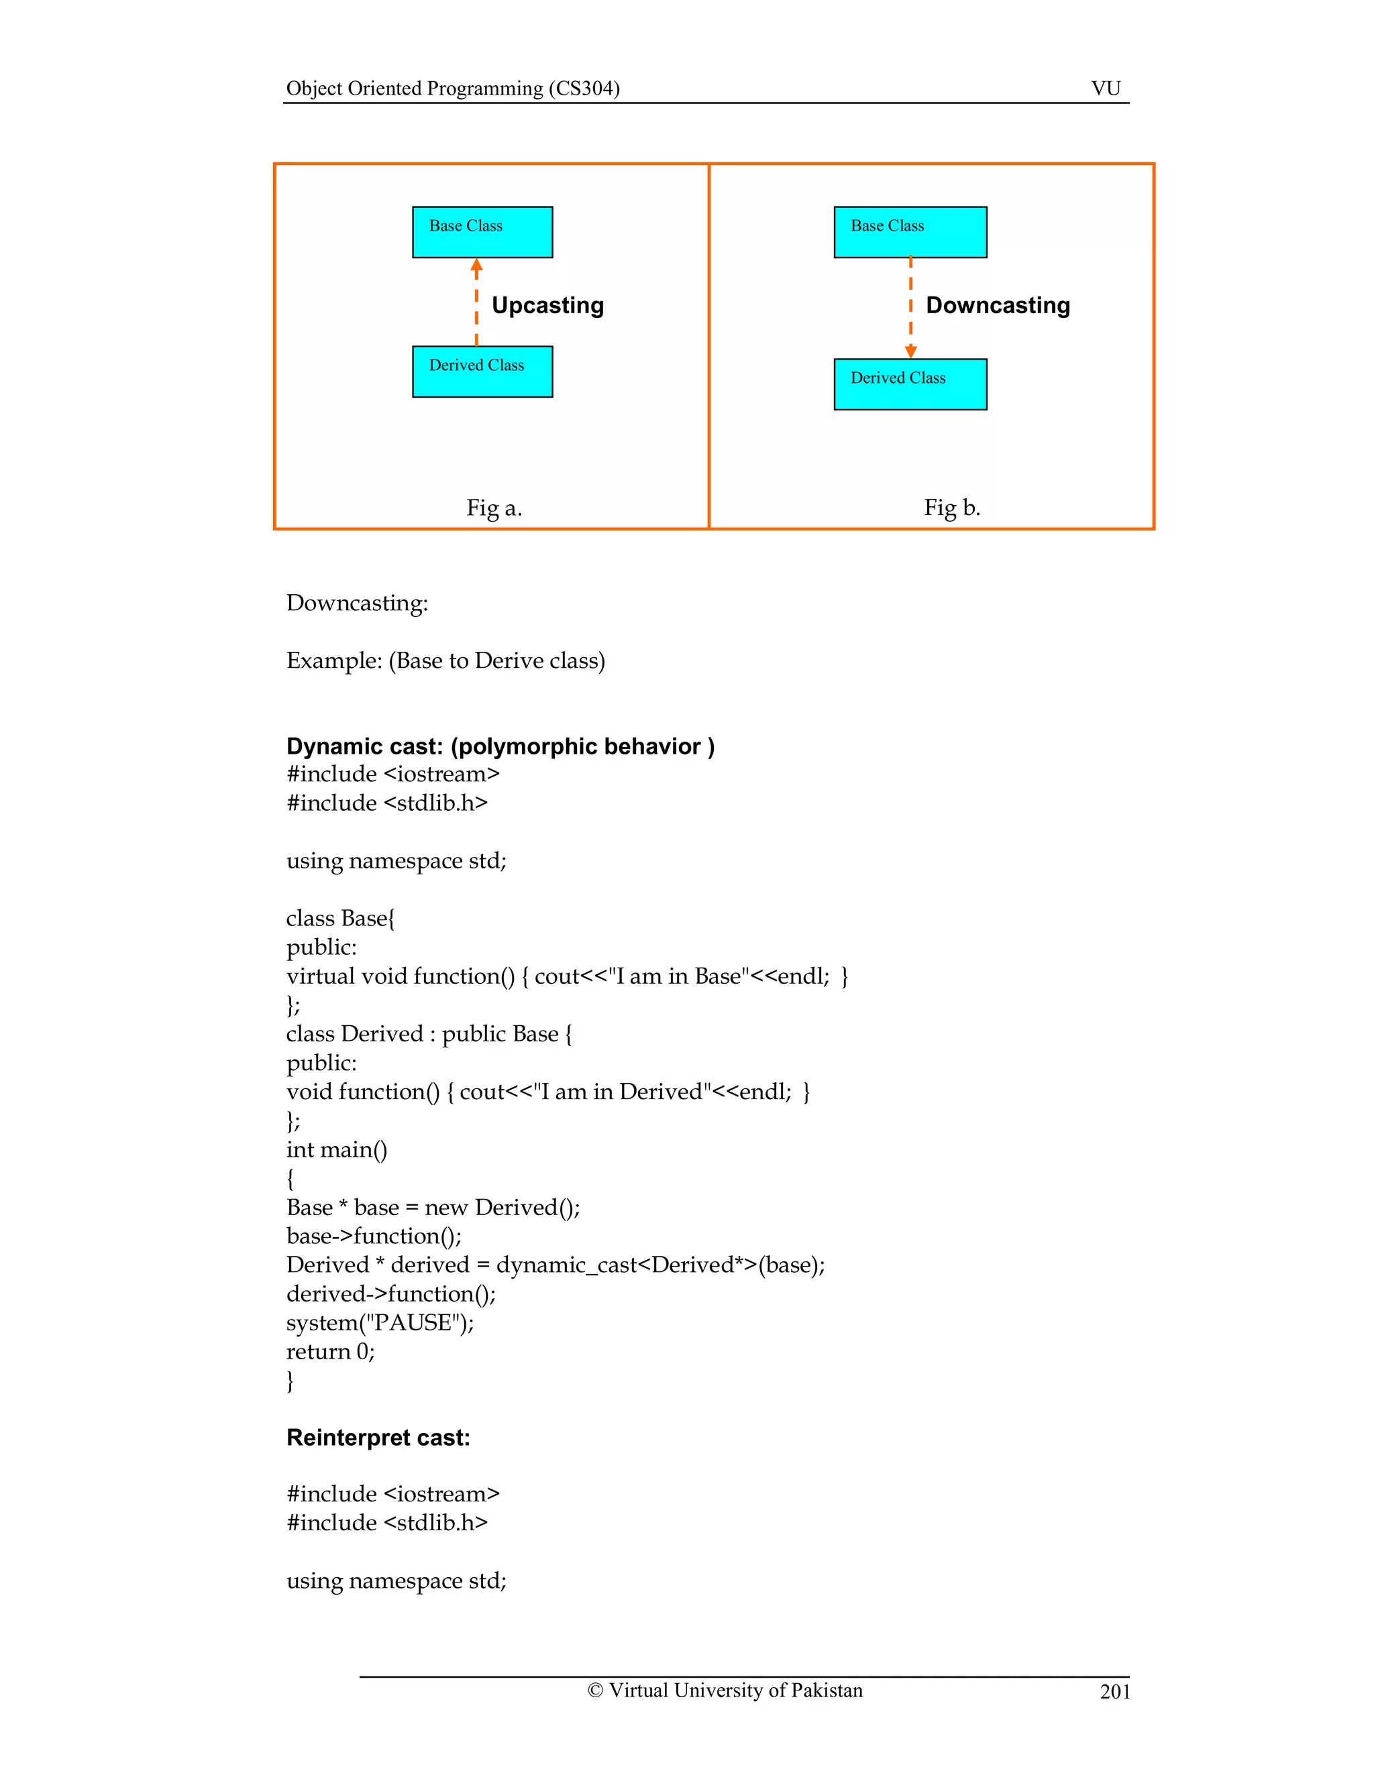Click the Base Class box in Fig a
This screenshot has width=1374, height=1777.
482,232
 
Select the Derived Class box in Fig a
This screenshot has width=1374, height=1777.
482,372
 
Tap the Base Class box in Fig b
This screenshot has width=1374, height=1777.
910,232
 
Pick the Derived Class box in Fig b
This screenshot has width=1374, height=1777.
910,384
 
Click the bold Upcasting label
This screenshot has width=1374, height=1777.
548,305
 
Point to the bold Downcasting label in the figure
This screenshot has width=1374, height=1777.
998,305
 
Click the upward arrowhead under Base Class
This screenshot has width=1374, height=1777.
477,266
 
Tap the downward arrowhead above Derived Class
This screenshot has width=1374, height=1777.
911,351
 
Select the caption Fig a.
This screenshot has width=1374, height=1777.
494,508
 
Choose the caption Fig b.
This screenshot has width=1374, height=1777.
951,508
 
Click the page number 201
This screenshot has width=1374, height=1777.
1114,1692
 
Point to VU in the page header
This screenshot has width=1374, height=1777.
1106,88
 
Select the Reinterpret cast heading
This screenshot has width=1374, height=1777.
378,1438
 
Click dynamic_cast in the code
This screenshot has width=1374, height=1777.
566,1265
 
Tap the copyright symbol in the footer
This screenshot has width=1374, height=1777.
595,1690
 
